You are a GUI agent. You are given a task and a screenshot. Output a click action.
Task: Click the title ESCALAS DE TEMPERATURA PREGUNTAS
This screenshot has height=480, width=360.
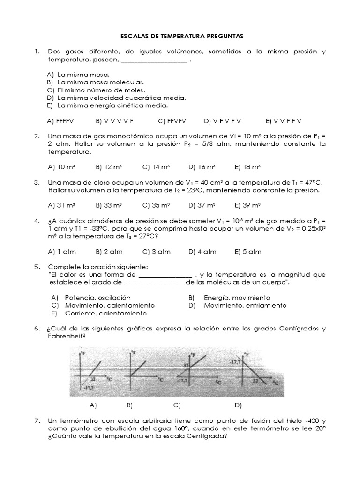pyautogui.click(x=180, y=36)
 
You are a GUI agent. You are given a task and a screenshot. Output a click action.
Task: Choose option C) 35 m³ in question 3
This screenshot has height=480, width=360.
pyautogui.click(x=156, y=205)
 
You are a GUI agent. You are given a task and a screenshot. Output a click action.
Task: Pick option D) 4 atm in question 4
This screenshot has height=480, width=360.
pyautogui.click(x=202, y=252)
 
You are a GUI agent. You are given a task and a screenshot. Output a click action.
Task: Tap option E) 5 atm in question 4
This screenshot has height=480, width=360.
pyautogui.click(x=248, y=252)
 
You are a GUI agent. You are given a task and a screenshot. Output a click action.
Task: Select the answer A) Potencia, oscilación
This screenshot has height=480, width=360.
pyautogui.click(x=91, y=298)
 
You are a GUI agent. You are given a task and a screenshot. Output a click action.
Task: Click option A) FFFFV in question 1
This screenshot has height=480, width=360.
pyautogui.click(x=60, y=120)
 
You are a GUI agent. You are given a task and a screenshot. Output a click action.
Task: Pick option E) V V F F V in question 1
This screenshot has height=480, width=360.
pyautogui.click(x=284, y=120)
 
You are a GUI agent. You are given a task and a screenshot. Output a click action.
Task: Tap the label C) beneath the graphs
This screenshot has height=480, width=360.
pyautogui.click(x=177, y=405)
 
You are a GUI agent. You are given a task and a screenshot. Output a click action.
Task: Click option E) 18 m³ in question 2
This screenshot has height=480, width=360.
pyautogui.click(x=247, y=166)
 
